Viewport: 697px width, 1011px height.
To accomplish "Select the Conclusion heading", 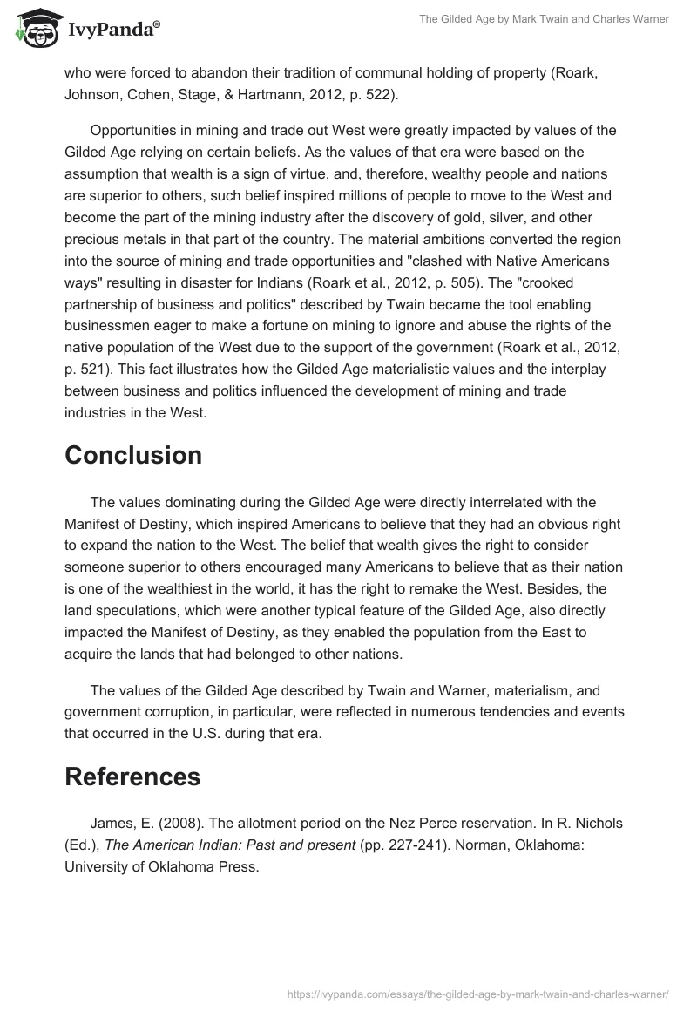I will click(133, 455).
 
